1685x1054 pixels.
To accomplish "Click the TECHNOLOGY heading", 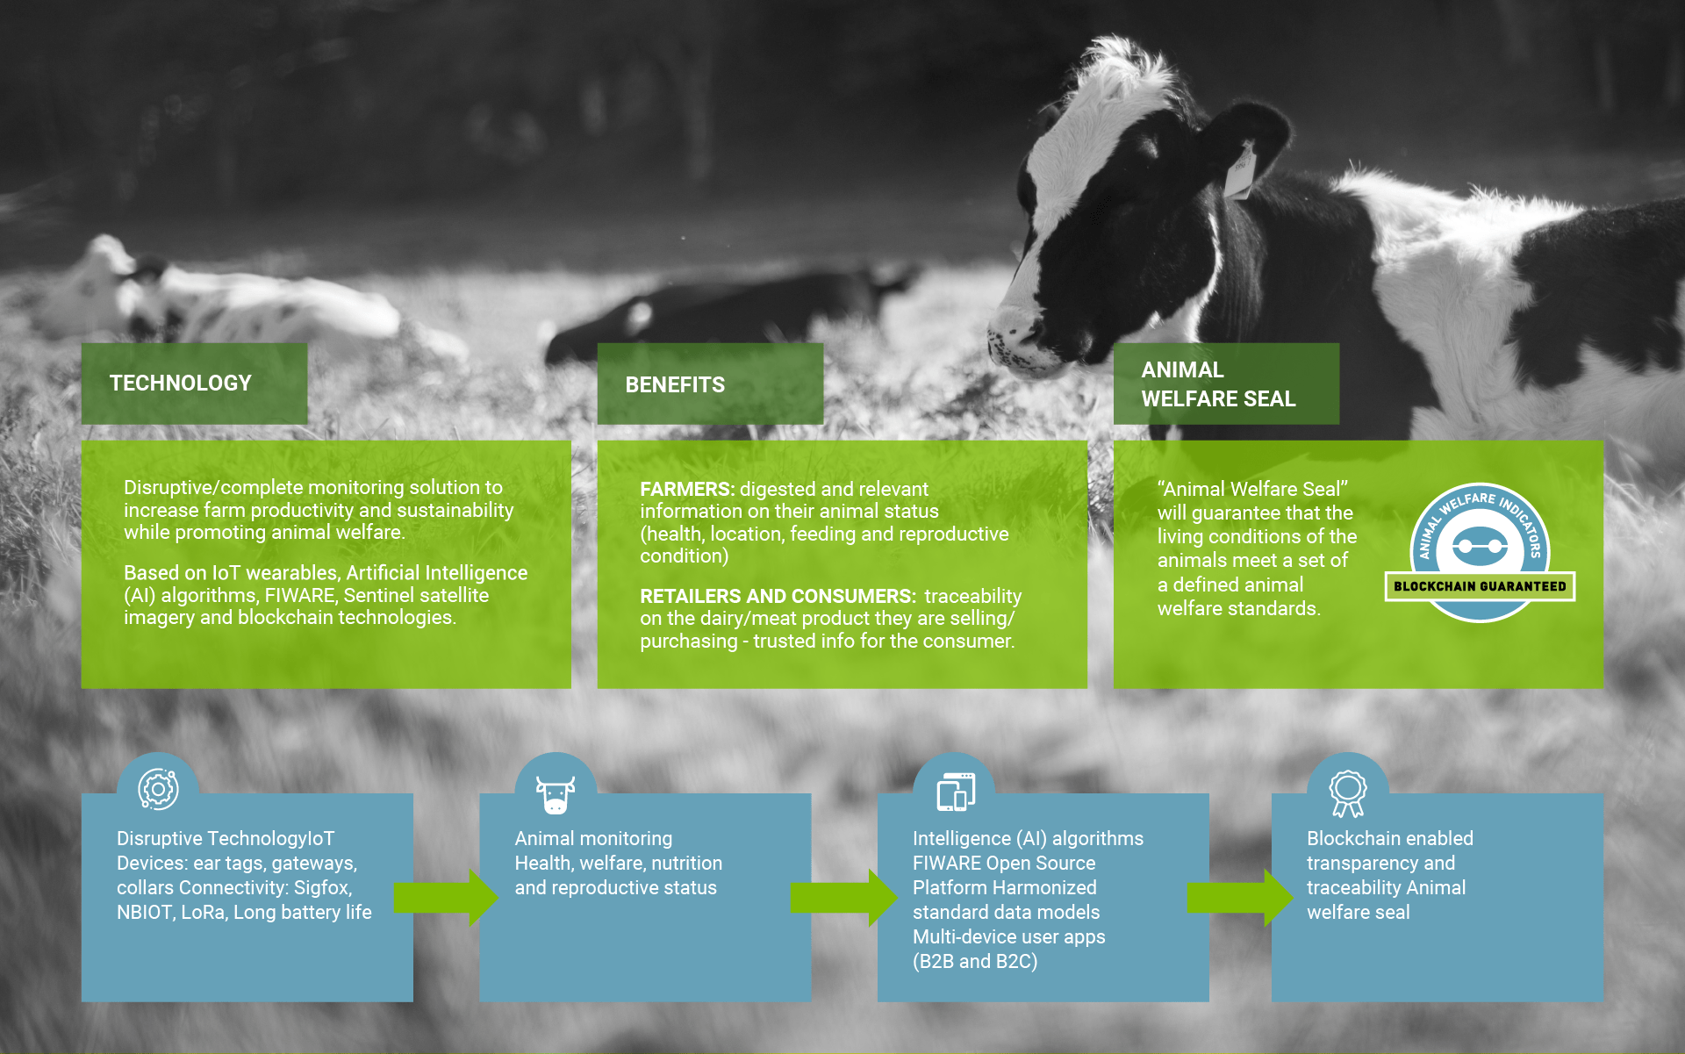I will [180, 384].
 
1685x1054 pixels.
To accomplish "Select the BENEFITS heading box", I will [709, 384].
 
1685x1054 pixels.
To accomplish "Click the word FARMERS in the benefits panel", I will [686, 489].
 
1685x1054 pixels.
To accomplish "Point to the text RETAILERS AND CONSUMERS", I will [778, 596].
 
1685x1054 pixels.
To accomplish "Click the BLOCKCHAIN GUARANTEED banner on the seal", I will [1480, 586].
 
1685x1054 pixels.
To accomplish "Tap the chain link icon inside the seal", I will [1480, 547].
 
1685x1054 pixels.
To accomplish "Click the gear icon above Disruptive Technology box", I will [158, 789].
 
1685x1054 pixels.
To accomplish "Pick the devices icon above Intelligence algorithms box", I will [955, 792].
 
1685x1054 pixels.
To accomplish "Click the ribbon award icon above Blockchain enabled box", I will [1347, 792].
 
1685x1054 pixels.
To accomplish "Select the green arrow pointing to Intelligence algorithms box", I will [843, 897].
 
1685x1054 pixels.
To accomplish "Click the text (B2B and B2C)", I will [974, 961].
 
